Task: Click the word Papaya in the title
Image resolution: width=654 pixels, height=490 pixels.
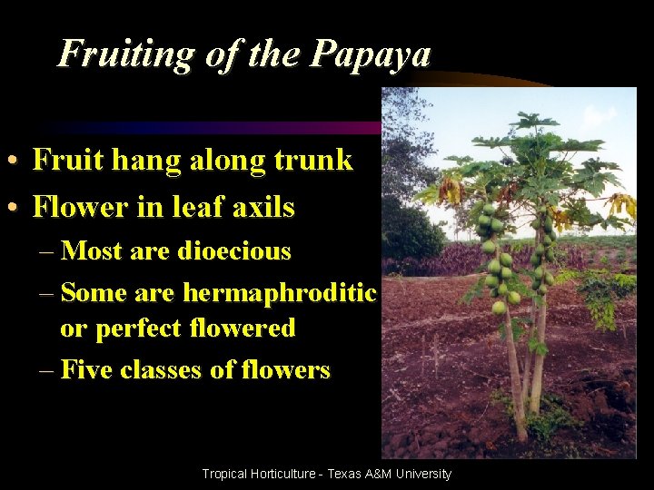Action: click(x=370, y=54)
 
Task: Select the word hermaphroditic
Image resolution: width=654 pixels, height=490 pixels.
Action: click(x=280, y=293)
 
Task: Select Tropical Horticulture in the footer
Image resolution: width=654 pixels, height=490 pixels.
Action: click(x=258, y=474)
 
